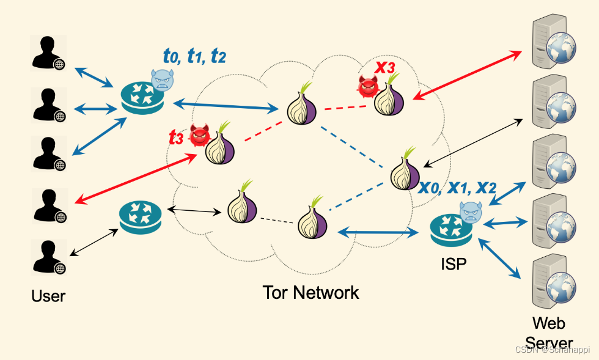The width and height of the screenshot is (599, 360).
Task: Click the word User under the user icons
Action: coord(48,296)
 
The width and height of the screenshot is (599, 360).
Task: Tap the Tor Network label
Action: coord(311,292)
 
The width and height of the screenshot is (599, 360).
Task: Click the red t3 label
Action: coord(176,138)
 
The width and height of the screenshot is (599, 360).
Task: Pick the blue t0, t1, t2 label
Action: coord(194,56)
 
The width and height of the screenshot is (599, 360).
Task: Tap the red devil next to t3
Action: coord(199,136)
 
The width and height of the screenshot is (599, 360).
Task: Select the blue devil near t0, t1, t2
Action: coord(162,79)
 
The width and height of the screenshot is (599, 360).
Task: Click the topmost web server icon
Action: coord(554,43)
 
